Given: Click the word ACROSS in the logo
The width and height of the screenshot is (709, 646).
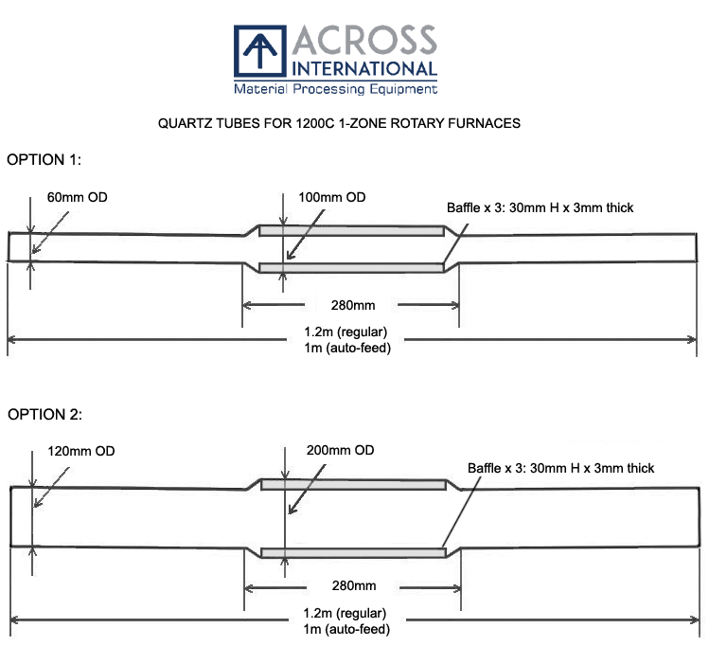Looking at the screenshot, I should pyautogui.click(x=365, y=40).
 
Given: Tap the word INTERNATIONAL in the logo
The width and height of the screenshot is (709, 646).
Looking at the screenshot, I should pyautogui.click(x=365, y=68).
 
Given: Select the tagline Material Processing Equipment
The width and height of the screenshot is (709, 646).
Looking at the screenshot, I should pyautogui.click(x=336, y=89).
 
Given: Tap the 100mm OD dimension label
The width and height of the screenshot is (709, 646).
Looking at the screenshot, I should pyautogui.click(x=330, y=197).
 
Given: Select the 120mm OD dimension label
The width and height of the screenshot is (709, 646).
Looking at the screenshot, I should pyautogui.click(x=80, y=451).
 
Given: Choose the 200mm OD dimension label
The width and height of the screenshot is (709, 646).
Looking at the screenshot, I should pyautogui.click(x=341, y=449).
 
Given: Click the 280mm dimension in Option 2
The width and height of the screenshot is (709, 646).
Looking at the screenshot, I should pyautogui.click(x=354, y=586).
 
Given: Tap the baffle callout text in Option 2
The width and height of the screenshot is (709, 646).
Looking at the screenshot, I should pyautogui.click(x=560, y=468).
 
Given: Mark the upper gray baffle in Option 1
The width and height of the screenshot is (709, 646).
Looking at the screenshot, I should pyautogui.click(x=351, y=231).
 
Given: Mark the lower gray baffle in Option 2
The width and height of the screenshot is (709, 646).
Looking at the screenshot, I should pyautogui.click(x=353, y=552).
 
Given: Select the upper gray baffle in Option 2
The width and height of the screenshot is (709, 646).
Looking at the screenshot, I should pyautogui.click(x=353, y=485).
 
